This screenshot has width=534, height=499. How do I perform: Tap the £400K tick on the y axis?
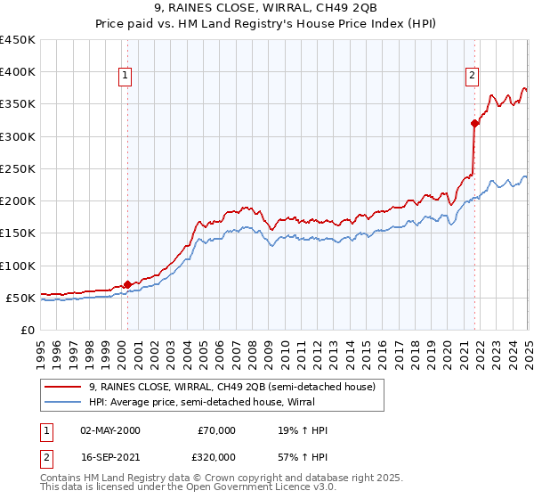17,72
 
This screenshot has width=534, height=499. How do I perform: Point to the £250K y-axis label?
17,168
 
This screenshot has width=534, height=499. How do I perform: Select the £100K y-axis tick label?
17,266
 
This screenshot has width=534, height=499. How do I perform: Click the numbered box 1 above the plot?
125,76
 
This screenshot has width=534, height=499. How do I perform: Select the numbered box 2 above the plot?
472,76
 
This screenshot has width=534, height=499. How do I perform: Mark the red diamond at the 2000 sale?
127,285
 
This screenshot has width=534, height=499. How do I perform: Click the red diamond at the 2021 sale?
475,124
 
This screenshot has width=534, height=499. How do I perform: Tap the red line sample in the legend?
63,387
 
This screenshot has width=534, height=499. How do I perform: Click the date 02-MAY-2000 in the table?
110,430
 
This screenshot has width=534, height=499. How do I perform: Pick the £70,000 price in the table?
214,430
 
